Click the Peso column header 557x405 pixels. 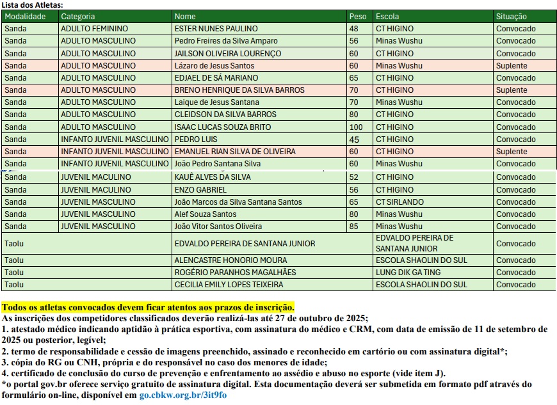click(358, 17)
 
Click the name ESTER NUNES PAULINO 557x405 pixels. click(216, 29)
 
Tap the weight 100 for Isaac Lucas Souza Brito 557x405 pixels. click(356, 127)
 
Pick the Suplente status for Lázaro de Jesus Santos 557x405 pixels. click(512, 66)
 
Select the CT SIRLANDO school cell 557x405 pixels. click(400, 202)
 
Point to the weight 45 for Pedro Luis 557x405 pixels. click(354, 139)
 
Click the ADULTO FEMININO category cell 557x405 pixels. click(95, 29)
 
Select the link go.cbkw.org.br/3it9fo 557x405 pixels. click(183, 395)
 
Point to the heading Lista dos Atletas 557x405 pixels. click(32, 4)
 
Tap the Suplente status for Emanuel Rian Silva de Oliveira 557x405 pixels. click(512, 152)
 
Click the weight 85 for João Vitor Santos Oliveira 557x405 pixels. click(354, 226)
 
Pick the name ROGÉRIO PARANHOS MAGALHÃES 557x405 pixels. click(227, 273)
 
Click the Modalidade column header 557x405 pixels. click(26, 17)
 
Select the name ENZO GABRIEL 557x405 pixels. click(200, 190)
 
